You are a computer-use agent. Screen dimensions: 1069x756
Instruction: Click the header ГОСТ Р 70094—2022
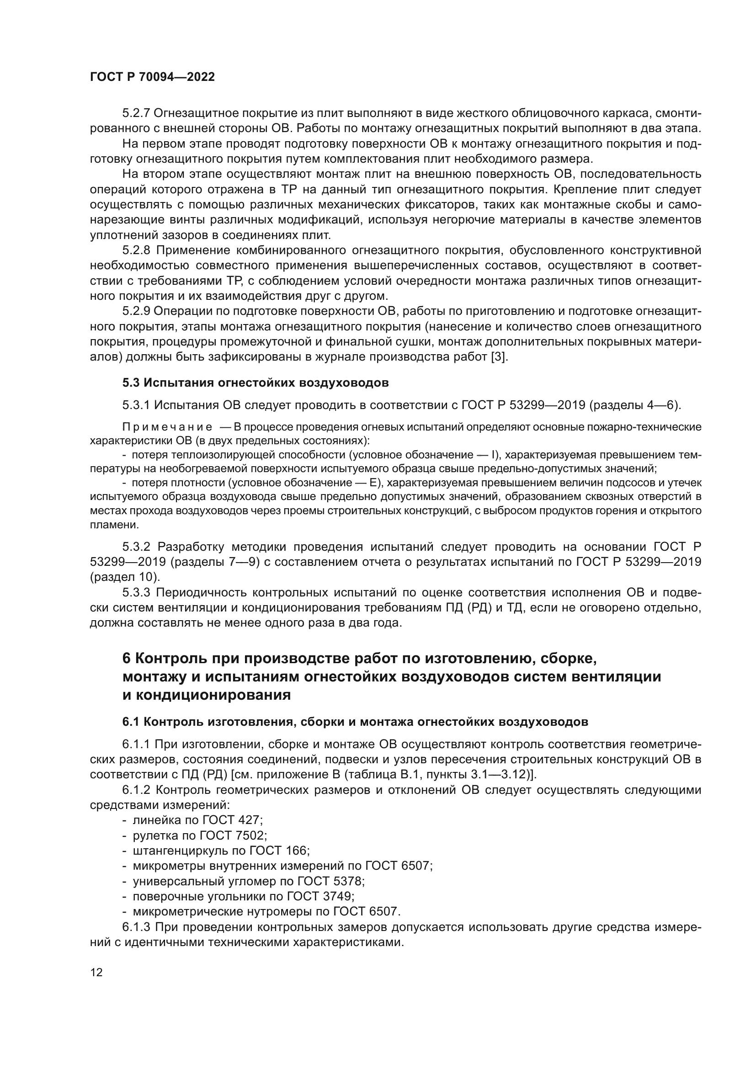152,77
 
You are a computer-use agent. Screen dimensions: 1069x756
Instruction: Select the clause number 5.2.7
135,113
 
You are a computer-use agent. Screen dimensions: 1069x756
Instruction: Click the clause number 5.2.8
136,250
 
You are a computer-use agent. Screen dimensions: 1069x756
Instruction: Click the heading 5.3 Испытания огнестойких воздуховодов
255,383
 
